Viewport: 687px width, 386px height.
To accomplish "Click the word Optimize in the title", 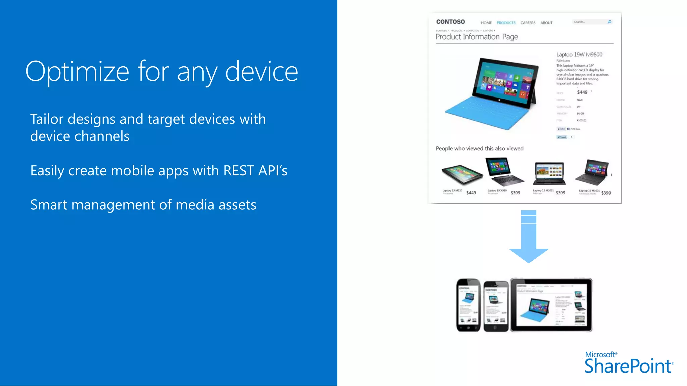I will (x=77, y=72).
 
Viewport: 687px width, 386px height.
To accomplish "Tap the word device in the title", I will (x=261, y=72).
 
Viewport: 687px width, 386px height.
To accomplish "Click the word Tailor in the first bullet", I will (x=47, y=119).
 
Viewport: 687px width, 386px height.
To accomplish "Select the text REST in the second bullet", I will (x=239, y=171).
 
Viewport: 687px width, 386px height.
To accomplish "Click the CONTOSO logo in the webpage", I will (x=450, y=22).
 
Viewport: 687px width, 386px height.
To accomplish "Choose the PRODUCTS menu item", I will (x=506, y=23).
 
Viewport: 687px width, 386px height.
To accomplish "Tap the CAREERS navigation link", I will (x=528, y=23).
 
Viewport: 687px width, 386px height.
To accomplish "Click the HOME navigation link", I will (x=486, y=23).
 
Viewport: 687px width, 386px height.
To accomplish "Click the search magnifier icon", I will (x=609, y=22).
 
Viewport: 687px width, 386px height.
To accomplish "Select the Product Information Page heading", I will (x=477, y=37).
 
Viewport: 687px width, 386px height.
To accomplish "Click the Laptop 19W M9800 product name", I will (x=579, y=55).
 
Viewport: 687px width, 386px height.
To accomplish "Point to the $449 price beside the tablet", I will (x=582, y=92).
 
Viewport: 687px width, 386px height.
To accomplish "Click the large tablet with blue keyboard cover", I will (x=493, y=93).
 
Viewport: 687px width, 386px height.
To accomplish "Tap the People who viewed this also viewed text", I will (x=479, y=148).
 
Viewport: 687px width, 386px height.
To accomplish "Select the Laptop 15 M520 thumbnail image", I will (x=462, y=174).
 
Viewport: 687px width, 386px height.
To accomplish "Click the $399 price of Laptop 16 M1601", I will (x=606, y=193).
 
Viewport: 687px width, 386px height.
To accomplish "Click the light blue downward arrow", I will (x=529, y=238).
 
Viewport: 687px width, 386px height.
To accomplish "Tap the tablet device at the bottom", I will (x=551, y=305).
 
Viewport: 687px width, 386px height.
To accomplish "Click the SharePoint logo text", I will (x=628, y=366).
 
